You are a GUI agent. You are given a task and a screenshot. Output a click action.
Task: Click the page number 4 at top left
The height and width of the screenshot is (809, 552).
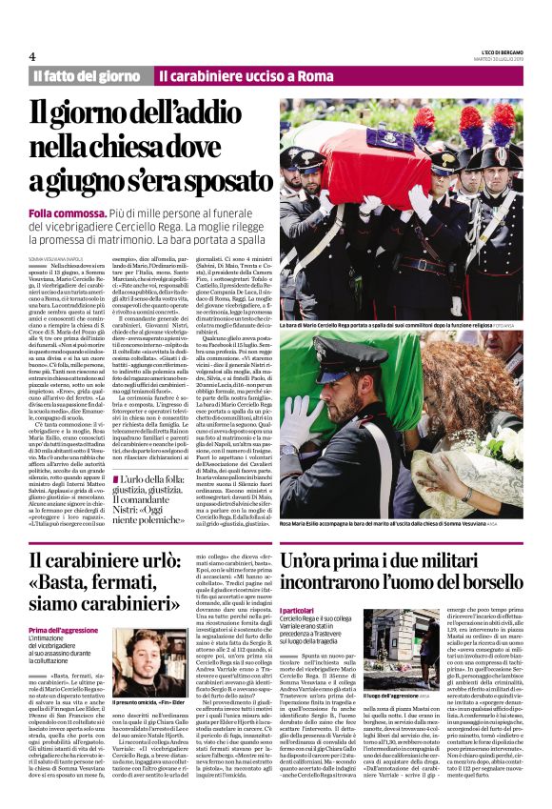pos(32,56)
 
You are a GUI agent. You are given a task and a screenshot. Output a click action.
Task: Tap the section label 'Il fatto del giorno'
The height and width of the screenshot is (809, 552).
pos(86,75)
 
